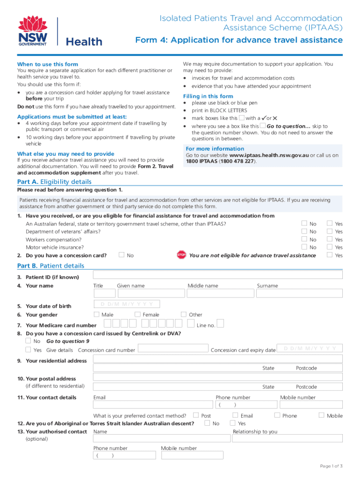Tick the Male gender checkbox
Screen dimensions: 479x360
tap(97, 314)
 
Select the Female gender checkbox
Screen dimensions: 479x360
tap(138, 314)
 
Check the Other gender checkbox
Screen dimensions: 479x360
tap(184, 314)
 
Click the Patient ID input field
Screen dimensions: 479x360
tap(218, 276)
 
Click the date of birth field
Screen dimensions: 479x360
tap(127, 305)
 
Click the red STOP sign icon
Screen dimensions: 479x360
tap(181, 255)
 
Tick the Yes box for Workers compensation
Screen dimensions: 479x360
tap(330, 239)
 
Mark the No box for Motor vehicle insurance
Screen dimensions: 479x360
tap(304, 247)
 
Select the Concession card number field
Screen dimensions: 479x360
tap(173, 349)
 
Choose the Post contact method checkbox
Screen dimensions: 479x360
tap(196, 415)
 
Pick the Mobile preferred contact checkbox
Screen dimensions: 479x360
tap(321, 415)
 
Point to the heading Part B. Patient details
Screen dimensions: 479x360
tap(51, 266)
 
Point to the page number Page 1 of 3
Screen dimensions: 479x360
tap(331, 466)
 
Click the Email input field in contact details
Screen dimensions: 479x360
tap(153, 406)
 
